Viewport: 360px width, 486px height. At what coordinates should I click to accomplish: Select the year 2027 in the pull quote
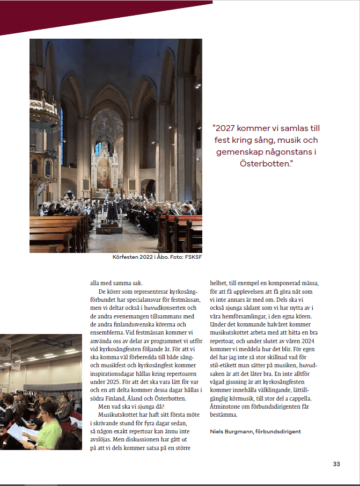(226, 128)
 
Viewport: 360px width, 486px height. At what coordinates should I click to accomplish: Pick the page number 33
(336, 464)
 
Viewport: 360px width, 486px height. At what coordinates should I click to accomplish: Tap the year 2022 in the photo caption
(142, 257)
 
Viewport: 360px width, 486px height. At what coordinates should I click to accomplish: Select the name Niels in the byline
(217, 431)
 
